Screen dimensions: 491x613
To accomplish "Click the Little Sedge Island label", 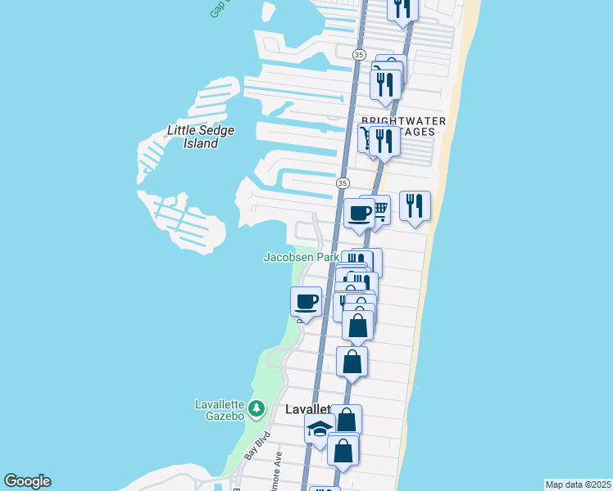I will click(x=193, y=137).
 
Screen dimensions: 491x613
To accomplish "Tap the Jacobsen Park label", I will click(x=301, y=257).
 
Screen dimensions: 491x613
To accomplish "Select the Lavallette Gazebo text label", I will click(x=220, y=409).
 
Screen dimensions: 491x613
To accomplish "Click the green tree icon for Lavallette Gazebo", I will click(x=257, y=408).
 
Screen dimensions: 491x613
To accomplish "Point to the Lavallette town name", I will click(x=306, y=409).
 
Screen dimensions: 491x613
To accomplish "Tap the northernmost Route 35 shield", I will click(x=359, y=54).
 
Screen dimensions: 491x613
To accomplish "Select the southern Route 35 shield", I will click(x=343, y=182).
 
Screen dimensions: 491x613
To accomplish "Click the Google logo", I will click(x=27, y=481).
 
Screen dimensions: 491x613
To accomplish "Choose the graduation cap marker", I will click(x=319, y=428).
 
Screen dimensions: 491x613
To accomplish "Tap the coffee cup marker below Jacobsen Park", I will click(x=306, y=301).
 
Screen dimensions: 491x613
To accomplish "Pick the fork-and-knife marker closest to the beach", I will click(x=415, y=205).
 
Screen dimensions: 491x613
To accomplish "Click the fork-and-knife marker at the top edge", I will click(x=402, y=9).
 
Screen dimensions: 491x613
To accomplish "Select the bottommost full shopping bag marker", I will click(x=343, y=449).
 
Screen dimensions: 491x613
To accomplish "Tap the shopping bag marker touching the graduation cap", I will click(x=347, y=420).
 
